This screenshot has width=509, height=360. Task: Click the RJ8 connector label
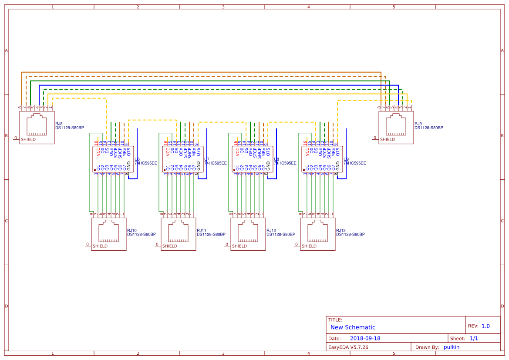click(x=59, y=124)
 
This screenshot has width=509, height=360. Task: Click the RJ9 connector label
click(x=418, y=124)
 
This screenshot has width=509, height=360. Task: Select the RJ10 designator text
click(x=131, y=231)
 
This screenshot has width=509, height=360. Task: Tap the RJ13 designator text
click(x=340, y=231)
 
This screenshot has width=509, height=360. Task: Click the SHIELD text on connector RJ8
click(x=28, y=140)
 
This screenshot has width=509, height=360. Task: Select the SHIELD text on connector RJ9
click(x=387, y=140)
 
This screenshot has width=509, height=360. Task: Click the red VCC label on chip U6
click(x=98, y=151)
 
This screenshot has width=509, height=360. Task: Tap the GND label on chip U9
click(x=338, y=165)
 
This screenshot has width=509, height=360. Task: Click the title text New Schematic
click(x=353, y=327)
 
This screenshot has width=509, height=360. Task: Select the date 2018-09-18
click(x=365, y=338)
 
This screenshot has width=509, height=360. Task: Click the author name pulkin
click(x=451, y=347)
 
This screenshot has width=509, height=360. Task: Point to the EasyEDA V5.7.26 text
click(x=348, y=347)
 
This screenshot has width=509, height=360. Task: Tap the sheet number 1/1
click(x=474, y=338)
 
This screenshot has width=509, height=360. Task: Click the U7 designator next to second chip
click(x=206, y=159)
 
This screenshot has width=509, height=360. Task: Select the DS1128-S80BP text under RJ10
click(x=142, y=235)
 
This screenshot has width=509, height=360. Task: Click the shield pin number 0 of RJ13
click(x=296, y=244)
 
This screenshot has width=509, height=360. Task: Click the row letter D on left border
click(x=7, y=306)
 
